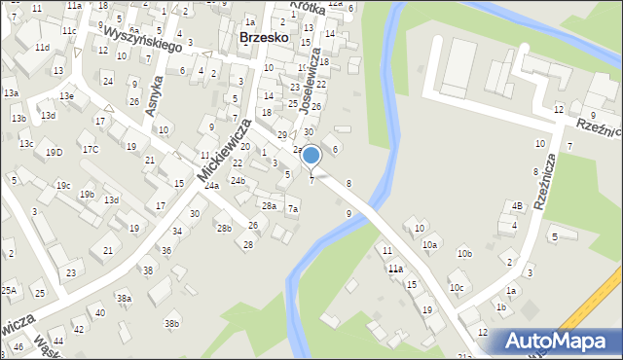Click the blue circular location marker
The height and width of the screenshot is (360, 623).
[x=311, y=155]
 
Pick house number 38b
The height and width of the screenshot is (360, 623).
[x=171, y=323]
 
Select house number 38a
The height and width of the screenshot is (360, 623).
[x=124, y=298]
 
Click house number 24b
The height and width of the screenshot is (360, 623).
[x=238, y=181]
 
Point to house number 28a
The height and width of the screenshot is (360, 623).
[x=269, y=206]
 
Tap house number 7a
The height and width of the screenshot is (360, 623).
[x=292, y=209]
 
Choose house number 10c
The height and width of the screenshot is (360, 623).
[x=457, y=288]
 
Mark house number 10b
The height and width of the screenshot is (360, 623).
[x=464, y=254]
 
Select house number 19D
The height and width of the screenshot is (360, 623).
[x=54, y=152]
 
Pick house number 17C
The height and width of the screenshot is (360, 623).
[x=90, y=149]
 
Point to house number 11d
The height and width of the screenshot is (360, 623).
[x=42, y=47]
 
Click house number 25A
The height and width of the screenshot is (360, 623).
[x=9, y=290]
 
